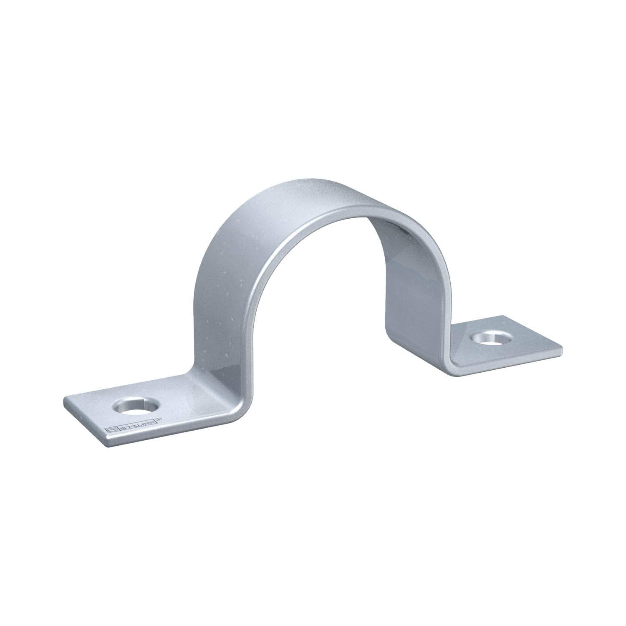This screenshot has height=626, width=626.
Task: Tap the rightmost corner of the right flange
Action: pos(561,347)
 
